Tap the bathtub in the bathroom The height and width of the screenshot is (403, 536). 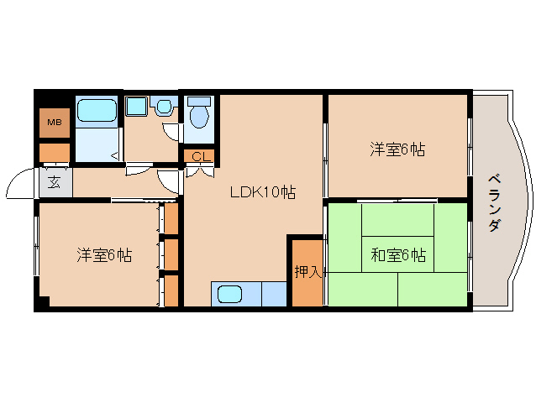click(x=97, y=110)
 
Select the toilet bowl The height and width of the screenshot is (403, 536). click(x=199, y=116)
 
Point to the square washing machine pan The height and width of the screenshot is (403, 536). click(x=136, y=107)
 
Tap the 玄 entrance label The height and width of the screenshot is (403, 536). click(x=54, y=181)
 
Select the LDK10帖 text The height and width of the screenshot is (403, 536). click(x=263, y=192)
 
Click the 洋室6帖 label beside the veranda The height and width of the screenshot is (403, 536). click(x=397, y=150)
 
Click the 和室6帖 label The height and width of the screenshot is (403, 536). click(x=397, y=254)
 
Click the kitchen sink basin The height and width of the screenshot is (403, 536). click(x=230, y=295)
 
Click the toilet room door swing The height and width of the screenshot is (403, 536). click(x=172, y=132)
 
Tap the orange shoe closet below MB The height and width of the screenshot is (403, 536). click(x=55, y=153)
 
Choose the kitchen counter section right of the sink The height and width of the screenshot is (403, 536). click(x=275, y=294)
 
